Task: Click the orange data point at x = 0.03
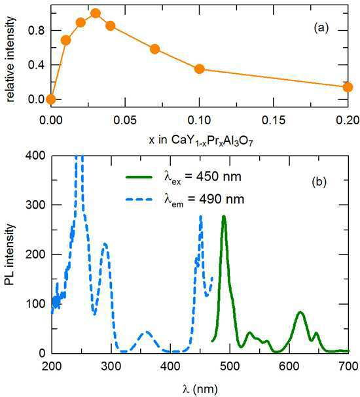[96, 13]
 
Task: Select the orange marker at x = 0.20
[348, 87]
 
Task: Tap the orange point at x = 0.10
[200, 69]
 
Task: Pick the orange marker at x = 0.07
[154, 49]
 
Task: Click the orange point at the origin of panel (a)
[51, 99]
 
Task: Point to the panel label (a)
[321, 27]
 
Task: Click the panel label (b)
[319, 182]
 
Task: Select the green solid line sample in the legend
[139, 177]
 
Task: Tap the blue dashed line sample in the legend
[139, 199]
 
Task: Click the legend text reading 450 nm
[219, 177]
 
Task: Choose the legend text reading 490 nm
[222, 199]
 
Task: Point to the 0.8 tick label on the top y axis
[36, 30]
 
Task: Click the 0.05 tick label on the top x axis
[125, 120]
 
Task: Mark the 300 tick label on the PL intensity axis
[35, 205]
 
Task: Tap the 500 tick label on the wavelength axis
[230, 366]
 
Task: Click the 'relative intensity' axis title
[10, 60]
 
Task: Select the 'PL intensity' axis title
[9, 254]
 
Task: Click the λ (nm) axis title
[200, 388]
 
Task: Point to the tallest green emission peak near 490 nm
[224, 216]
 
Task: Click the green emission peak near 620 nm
[300, 312]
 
